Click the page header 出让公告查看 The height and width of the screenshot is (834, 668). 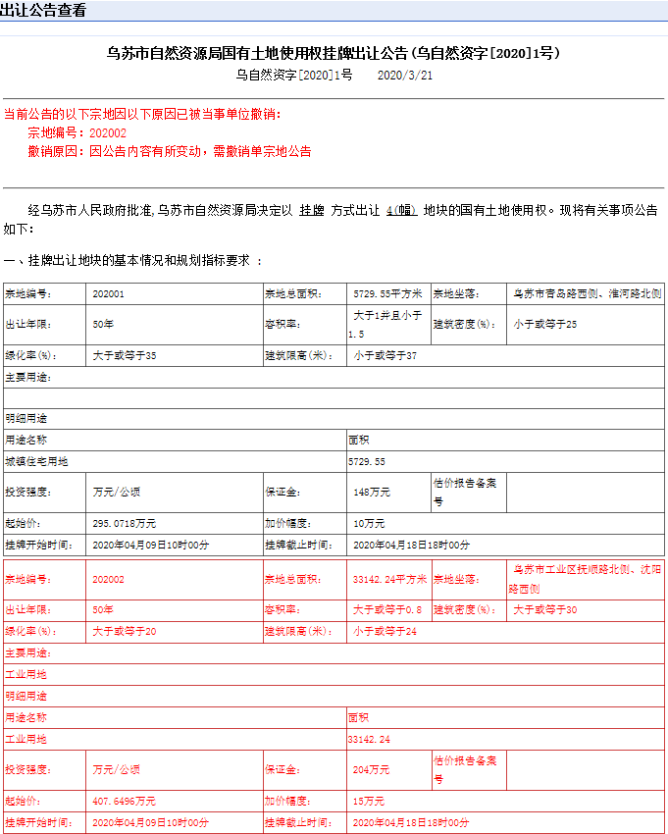[x=44, y=11]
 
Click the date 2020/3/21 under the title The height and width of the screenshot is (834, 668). [x=405, y=76]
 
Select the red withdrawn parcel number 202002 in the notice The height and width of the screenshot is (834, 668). [x=108, y=132]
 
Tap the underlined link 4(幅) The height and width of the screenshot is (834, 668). [x=402, y=211]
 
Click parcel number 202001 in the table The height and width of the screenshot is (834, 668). [x=108, y=293]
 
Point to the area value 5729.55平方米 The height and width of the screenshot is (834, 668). [x=386, y=293]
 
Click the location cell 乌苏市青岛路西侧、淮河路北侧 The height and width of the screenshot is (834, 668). [x=587, y=293]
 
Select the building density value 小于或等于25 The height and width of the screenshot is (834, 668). [x=545, y=325]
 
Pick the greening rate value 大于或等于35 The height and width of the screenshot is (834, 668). [x=125, y=355]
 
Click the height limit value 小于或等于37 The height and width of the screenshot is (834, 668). [x=385, y=355]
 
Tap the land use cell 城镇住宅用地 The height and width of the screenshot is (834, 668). [x=37, y=461]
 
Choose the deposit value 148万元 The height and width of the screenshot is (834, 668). [x=371, y=493]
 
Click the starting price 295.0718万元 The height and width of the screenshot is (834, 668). [x=124, y=524]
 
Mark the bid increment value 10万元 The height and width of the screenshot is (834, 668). [x=369, y=524]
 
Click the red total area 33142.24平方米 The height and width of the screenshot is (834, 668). [x=389, y=580]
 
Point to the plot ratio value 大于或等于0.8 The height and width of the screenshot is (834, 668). [x=387, y=610]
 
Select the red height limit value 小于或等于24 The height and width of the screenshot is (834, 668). [x=385, y=631]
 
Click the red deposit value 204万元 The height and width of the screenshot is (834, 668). [x=371, y=770]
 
